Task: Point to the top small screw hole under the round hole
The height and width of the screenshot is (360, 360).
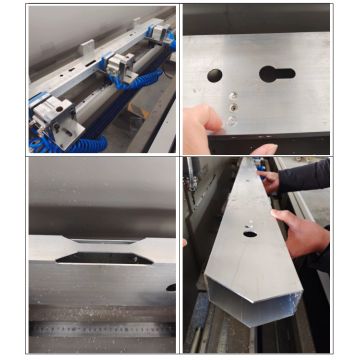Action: [232, 97]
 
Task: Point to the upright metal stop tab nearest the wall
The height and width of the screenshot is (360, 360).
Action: [88, 45]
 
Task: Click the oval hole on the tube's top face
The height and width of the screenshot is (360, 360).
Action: [248, 234]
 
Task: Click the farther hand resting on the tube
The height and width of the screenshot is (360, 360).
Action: [270, 181]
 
